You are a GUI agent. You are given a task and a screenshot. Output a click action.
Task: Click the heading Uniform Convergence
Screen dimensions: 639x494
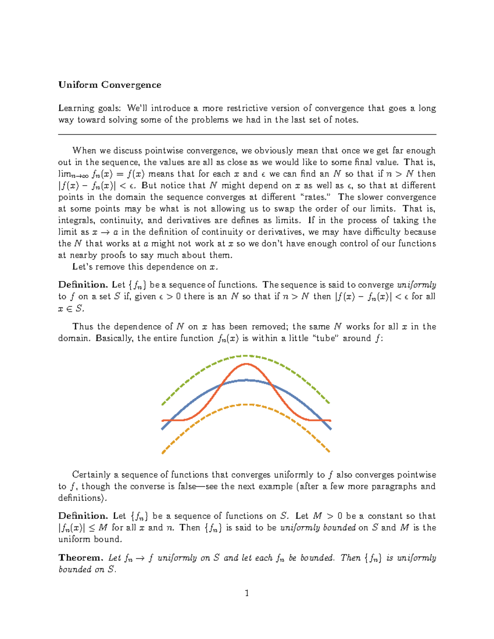110,85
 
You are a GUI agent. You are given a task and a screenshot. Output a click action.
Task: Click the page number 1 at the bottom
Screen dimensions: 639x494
247,593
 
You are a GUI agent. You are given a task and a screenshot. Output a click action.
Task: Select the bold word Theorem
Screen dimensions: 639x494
81,558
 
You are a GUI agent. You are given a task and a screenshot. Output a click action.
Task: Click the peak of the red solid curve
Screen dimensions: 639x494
246,364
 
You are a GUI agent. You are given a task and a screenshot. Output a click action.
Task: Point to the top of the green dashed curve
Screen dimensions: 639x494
246,356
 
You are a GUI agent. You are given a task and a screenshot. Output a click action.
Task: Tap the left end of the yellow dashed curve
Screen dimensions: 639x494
163,453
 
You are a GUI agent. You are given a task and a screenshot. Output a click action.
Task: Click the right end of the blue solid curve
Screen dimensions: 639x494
330,428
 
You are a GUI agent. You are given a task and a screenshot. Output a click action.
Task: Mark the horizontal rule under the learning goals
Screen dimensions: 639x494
247,134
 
